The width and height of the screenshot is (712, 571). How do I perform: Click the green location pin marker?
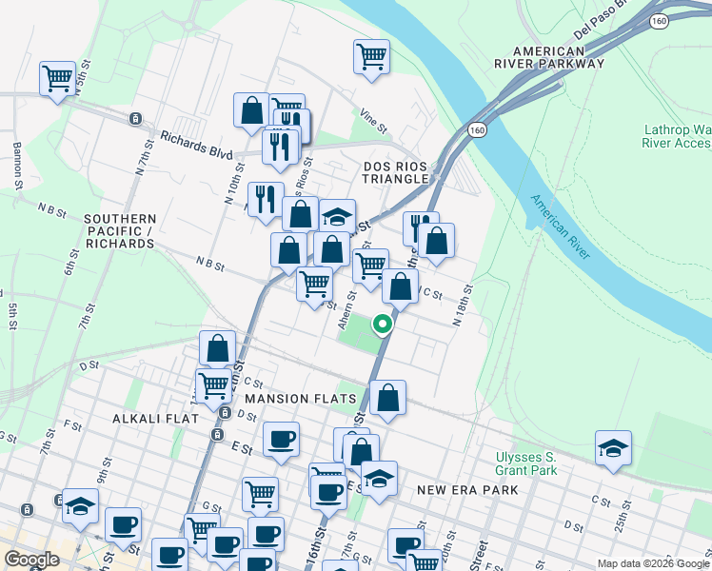pos(382,325)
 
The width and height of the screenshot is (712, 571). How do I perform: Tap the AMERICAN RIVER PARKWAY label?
pos(558,57)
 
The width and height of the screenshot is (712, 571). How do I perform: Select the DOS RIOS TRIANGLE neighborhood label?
pos(396,172)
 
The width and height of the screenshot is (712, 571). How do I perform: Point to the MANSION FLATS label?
pos(300,398)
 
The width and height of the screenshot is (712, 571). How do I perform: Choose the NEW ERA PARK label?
pos(467,489)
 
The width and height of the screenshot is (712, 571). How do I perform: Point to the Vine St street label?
pos(374,122)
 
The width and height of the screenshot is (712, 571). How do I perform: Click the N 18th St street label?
pos(463,305)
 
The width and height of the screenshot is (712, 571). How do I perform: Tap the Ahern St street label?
pos(347,310)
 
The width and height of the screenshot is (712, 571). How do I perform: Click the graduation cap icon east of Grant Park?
pos(613,448)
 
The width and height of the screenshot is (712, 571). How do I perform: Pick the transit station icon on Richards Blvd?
pos(136,119)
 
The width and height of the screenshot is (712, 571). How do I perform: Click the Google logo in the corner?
pos(31,560)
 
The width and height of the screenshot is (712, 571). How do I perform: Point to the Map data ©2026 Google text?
pos(652,563)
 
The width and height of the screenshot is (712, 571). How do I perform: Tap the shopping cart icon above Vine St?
pos(370,54)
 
